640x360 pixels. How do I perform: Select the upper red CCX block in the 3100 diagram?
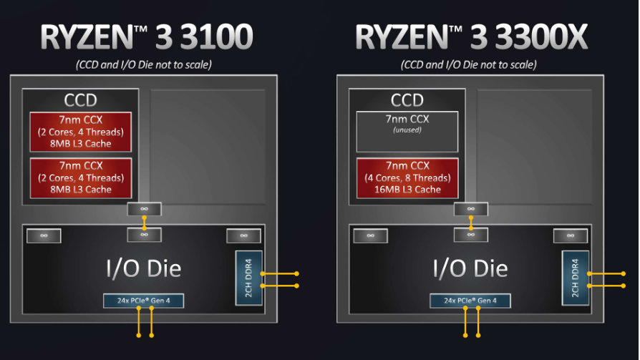pyautogui.click(x=80, y=131)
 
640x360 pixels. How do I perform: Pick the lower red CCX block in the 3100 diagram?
pyautogui.click(x=80, y=177)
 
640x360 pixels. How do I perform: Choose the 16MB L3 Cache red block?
pyautogui.click(x=407, y=177)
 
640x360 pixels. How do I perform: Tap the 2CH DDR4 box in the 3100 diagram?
pyautogui.click(x=248, y=278)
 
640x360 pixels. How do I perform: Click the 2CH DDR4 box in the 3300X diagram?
pyautogui.click(x=575, y=278)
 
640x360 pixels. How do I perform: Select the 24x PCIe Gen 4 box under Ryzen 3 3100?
pyautogui.click(x=144, y=301)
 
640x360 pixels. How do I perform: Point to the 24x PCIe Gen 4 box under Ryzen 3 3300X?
pyautogui.click(x=470, y=301)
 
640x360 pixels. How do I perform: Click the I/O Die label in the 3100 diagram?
pyautogui.click(x=144, y=268)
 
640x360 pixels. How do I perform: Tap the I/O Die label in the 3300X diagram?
pyautogui.click(x=470, y=268)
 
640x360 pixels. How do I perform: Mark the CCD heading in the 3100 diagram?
pyautogui.click(x=80, y=100)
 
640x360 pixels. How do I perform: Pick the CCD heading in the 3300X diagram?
pyautogui.click(x=407, y=100)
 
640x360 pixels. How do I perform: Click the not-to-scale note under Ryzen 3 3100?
pyautogui.click(x=144, y=64)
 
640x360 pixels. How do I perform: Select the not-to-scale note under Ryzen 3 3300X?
pyautogui.click(x=470, y=64)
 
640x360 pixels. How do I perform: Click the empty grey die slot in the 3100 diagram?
pyautogui.click(x=207, y=144)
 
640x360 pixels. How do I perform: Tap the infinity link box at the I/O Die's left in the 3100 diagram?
pyautogui.click(x=44, y=235)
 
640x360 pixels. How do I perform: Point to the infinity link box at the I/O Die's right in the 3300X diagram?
pyautogui.click(x=571, y=235)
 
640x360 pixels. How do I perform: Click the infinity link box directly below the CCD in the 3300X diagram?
pyautogui.click(x=470, y=209)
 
